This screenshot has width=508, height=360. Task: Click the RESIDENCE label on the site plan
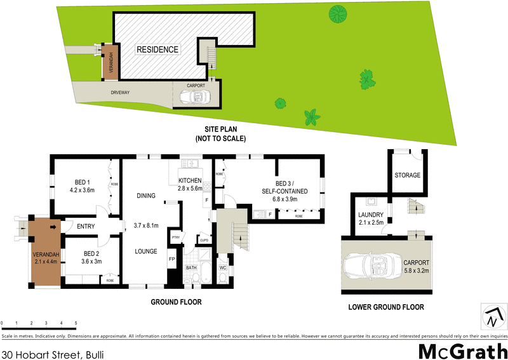(157, 50)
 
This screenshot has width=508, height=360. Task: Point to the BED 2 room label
(83, 254)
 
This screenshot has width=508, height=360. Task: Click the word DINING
(145, 196)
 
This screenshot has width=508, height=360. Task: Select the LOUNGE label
(145, 251)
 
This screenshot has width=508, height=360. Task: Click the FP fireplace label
(171, 260)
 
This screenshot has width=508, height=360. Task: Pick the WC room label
(223, 269)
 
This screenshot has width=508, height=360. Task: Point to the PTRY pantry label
(176, 238)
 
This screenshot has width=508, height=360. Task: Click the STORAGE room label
(408, 175)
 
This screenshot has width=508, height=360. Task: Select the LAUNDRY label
(370, 215)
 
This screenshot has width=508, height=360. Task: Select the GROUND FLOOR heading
(176, 302)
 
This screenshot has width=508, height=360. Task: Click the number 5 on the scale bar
(76, 324)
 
